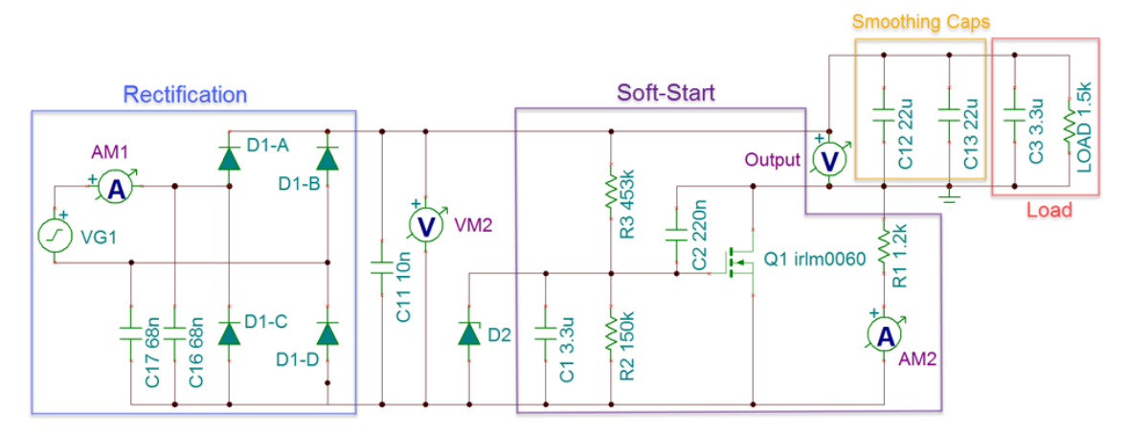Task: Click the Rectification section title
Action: tap(186, 94)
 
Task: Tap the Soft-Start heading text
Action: tap(665, 93)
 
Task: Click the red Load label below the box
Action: tap(1049, 210)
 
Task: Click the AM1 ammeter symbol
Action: tap(116, 189)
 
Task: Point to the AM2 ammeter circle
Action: tap(886, 334)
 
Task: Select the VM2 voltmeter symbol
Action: tap(424, 224)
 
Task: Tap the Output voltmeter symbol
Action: tap(829, 161)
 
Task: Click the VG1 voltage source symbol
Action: tap(54, 236)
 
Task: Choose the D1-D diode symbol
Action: tap(327, 333)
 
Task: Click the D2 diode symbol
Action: tap(468, 333)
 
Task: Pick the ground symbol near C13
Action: tap(949, 198)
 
